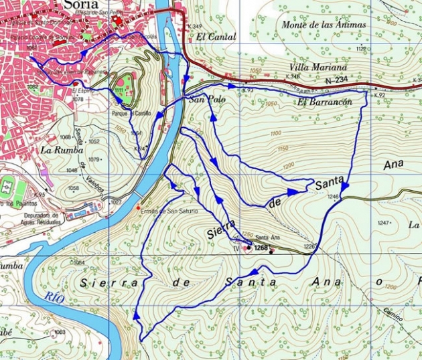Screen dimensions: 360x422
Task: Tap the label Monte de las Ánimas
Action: point(324,25)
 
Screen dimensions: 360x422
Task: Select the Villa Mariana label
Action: point(318,68)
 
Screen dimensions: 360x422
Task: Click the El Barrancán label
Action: point(325,102)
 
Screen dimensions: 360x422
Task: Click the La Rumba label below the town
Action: point(56,149)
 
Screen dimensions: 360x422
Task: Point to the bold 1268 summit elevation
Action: point(261,248)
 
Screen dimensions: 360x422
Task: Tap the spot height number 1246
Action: point(333,197)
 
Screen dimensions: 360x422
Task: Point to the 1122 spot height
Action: point(361,49)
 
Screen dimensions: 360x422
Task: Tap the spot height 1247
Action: point(383,222)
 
